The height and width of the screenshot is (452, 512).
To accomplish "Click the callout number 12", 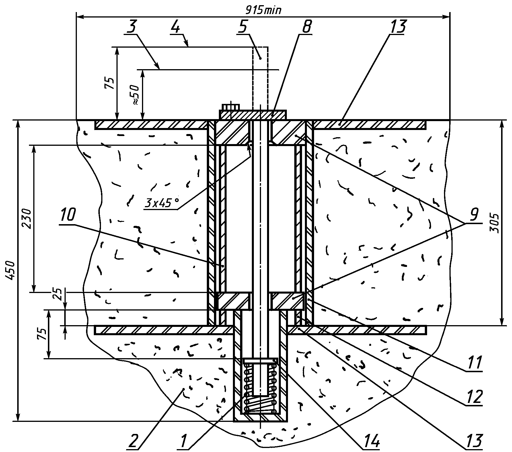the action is (473, 397).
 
